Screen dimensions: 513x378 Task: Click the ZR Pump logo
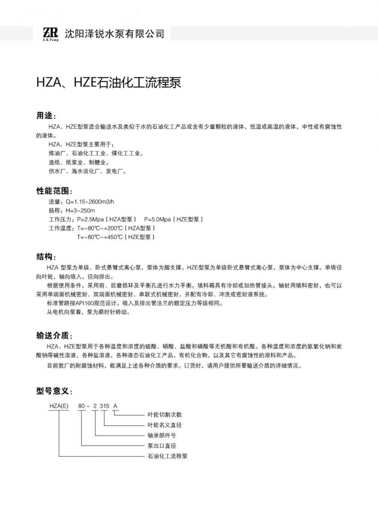[x=50, y=33]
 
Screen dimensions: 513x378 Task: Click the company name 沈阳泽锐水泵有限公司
[x=114, y=34]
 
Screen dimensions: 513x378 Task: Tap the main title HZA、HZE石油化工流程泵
[x=109, y=83]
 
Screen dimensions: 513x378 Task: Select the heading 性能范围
[x=54, y=191]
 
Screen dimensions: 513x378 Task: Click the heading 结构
[x=45, y=257]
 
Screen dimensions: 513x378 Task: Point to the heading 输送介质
[x=54, y=335]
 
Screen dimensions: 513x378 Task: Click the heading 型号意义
[x=54, y=391]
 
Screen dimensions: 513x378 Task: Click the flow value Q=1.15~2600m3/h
[x=90, y=201]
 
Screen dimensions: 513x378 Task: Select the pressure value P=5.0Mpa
[x=160, y=219]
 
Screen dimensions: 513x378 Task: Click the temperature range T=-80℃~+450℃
[x=100, y=237]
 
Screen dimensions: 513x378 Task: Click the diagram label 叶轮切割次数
[x=165, y=415]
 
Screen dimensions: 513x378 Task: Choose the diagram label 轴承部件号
[x=162, y=436]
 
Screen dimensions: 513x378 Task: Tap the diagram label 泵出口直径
[x=162, y=446]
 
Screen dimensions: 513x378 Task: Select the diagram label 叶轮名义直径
[x=165, y=425]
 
